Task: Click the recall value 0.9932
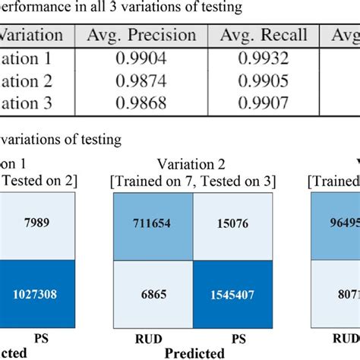pyautogui.click(x=264, y=60)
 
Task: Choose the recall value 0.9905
pyautogui.click(x=264, y=81)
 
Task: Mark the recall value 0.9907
pyautogui.click(x=264, y=102)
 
